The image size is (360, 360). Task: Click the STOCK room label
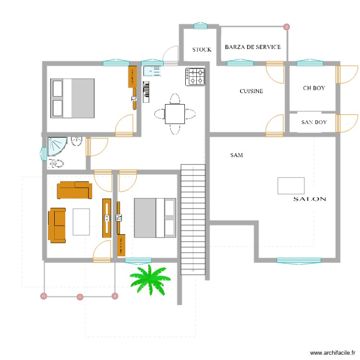tap(202, 49)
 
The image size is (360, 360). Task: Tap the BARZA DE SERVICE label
tap(253, 47)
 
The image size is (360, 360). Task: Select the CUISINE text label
tap(251, 91)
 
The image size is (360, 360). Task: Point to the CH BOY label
tap(314, 88)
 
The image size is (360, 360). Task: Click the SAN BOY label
tap(314, 122)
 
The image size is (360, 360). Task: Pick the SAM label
tap(236, 155)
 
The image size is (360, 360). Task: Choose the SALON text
tap(310, 199)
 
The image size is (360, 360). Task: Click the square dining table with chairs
tap(174, 114)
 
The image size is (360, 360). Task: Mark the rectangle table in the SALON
tap(291, 186)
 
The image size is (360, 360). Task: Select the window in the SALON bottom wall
tap(299, 261)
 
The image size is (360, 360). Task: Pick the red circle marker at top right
tap(287, 27)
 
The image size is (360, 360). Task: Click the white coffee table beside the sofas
tap(81, 221)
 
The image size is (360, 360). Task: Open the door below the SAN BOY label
tap(275, 126)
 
